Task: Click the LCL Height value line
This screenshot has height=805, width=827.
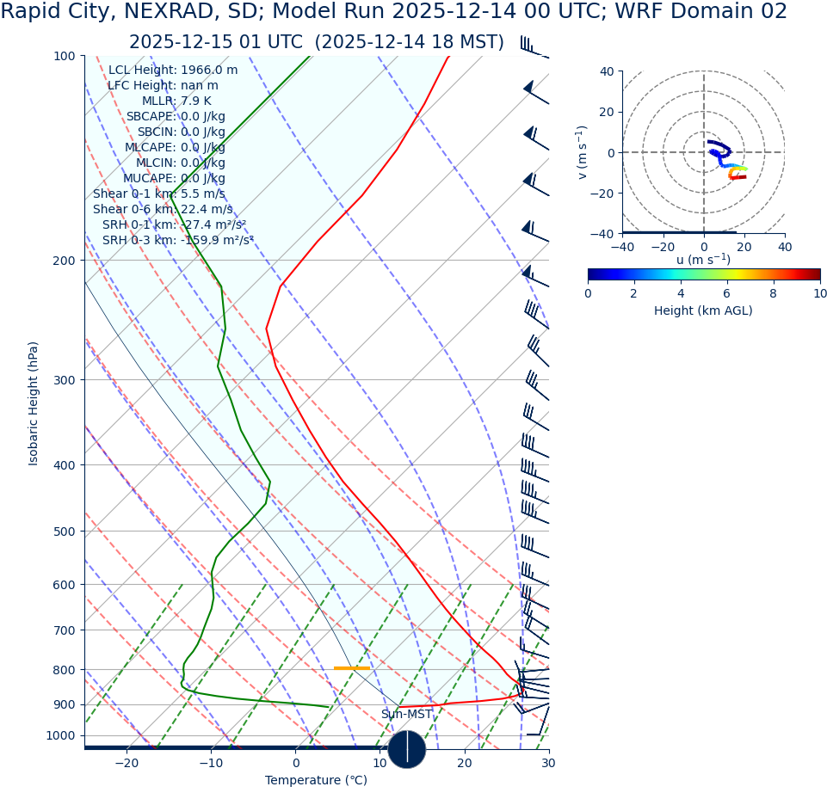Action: click(173, 71)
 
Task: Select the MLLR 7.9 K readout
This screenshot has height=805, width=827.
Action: click(176, 101)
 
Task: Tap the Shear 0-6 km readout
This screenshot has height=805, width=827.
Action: click(163, 210)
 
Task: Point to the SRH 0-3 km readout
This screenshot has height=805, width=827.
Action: click(177, 241)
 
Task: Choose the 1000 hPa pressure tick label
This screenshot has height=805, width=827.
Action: click(61, 736)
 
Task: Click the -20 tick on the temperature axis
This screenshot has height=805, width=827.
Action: click(127, 764)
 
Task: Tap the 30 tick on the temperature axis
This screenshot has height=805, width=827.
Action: click(548, 764)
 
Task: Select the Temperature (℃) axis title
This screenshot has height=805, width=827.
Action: click(316, 781)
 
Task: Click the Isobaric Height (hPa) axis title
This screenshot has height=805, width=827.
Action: click(34, 403)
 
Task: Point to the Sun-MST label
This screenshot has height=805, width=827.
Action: click(406, 715)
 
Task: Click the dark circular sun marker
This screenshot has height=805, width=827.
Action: click(407, 749)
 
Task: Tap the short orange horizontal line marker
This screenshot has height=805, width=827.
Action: click(351, 668)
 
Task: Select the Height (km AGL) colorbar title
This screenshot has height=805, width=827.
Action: click(703, 311)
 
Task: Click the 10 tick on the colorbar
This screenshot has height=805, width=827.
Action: click(819, 294)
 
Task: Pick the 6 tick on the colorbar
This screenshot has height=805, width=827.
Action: click(727, 294)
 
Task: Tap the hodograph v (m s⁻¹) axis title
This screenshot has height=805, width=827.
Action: click(583, 152)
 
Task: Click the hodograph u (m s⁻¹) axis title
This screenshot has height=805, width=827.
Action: click(703, 260)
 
